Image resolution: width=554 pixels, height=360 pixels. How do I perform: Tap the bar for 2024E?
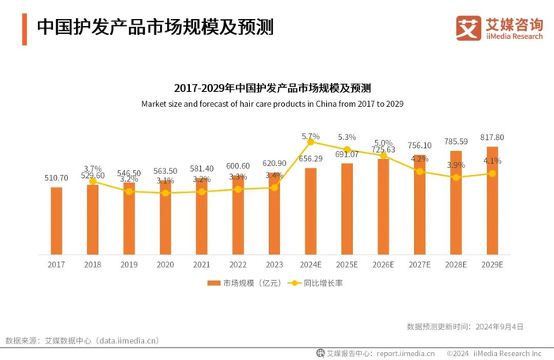tap(310, 211)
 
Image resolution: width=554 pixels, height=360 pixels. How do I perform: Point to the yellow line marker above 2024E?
tap(310, 142)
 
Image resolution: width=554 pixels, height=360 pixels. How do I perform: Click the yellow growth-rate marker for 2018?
tap(93, 181)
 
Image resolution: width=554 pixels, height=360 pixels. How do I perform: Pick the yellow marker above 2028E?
tap(456, 177)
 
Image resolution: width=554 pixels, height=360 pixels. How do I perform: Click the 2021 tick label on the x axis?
tap(202, 264)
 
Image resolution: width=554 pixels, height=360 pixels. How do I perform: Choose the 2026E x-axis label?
tap(383, 264)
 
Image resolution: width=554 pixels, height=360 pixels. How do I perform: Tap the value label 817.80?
tap(491, 138)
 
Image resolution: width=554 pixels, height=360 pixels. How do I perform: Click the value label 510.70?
tap(55, 178)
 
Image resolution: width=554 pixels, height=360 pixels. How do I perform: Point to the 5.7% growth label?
tap(310, 135)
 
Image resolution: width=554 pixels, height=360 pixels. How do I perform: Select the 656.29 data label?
tap(310, 158)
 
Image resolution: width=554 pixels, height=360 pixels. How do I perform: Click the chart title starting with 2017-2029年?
tap(272, 87)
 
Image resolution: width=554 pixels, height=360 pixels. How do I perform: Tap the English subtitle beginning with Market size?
tap(272, 103)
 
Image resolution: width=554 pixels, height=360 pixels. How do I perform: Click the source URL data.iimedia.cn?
tap(127, 341)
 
